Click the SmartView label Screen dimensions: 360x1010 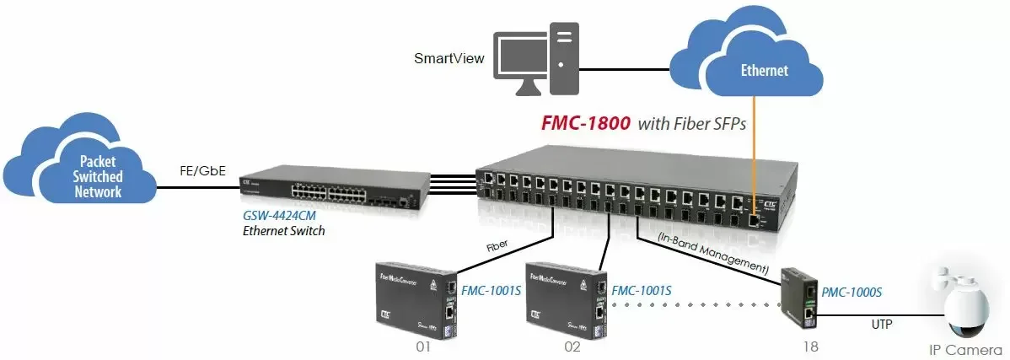[449, 59]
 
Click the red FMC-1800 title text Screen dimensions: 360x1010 [585, 124]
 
